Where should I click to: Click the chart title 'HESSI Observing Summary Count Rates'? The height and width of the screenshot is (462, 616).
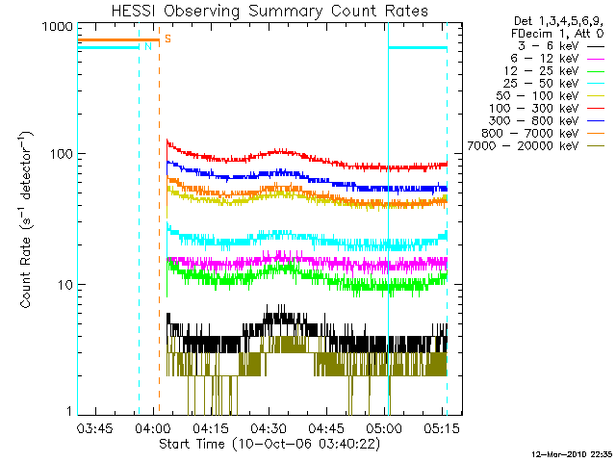[269, 11]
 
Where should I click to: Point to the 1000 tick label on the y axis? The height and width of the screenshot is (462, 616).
[58, 27]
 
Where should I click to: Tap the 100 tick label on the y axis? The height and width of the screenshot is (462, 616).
[62, 154]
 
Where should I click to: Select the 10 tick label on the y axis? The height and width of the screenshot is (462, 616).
[66, 285]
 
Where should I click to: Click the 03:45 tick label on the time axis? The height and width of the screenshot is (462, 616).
[94, 427]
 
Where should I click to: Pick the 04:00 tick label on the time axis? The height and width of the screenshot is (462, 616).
[153, 427]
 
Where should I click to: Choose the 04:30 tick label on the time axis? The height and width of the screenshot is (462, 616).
[269, 427]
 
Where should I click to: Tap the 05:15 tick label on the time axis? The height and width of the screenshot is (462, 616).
[442, 427]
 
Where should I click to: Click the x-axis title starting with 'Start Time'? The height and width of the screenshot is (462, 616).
[269, 445]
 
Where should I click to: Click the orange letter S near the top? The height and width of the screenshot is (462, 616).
[167, 38]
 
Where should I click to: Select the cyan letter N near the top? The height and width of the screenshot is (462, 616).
[148, 46]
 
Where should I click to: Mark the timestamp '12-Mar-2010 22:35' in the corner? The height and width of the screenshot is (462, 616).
[573, 454]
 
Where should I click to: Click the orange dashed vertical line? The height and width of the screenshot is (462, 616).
[159, 218]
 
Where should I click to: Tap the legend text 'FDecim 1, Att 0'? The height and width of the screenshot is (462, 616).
[557, 34]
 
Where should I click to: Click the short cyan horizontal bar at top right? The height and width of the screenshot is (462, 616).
[418, 48]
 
